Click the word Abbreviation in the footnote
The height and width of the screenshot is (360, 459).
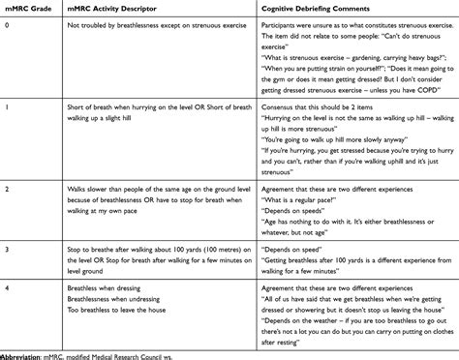click(x=26, y=353)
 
